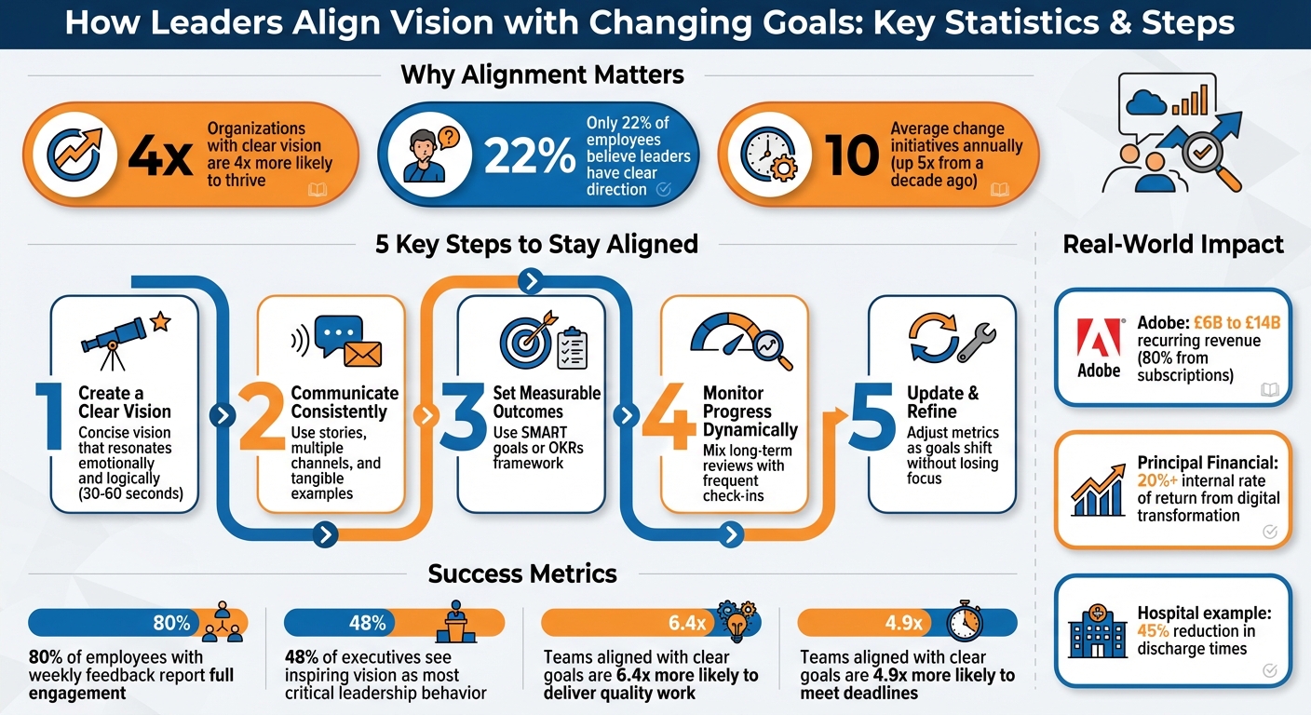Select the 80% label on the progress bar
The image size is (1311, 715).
point(171,623)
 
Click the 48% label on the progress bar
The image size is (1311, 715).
point(367,623)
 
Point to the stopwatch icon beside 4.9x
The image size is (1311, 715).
point(965,621)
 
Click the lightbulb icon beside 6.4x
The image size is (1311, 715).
point(736,622)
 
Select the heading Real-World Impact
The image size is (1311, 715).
point(1172,245)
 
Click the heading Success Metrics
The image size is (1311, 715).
point(522,573)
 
